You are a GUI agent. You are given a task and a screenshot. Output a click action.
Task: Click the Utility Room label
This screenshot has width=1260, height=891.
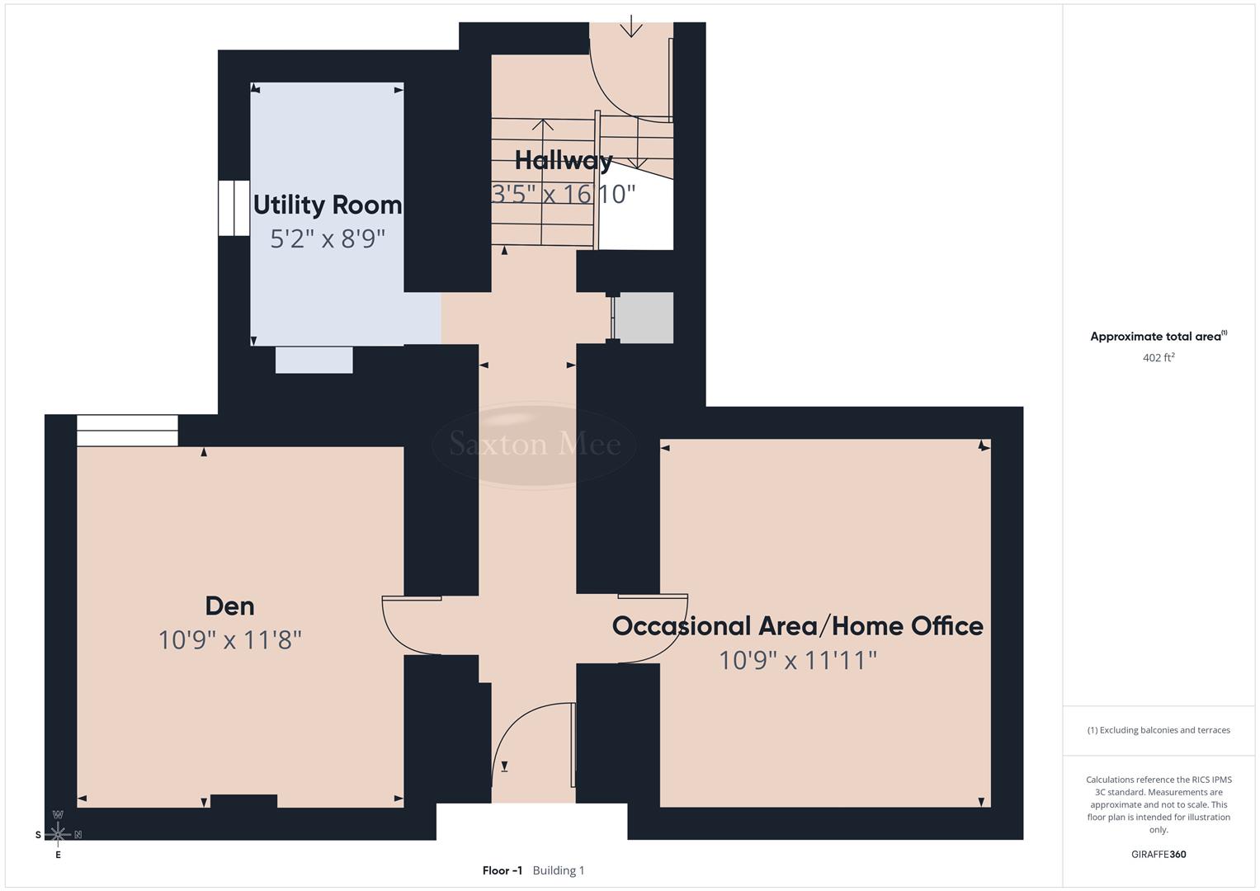coord(328,205)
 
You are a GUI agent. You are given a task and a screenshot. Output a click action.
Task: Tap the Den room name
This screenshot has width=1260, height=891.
coord(229,606)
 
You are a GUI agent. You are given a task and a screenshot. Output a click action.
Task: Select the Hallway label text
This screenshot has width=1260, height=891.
coord(564,160)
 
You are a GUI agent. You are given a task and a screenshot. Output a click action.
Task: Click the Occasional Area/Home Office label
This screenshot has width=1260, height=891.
coord(797,626)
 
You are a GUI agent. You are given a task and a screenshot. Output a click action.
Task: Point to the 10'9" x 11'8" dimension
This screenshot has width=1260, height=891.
coord(229,640)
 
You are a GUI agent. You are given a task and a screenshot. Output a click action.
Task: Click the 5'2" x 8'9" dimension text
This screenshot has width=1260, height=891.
coord(328,239)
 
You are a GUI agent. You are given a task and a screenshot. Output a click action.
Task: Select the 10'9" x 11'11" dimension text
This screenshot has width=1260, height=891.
coord(797,661)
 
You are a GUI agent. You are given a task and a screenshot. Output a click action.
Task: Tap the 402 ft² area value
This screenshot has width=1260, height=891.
coord(1158,358)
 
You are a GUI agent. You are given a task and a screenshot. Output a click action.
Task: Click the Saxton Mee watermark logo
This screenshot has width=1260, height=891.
coord(534,445)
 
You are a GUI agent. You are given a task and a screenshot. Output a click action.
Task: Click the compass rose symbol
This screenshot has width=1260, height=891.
coord(58,834)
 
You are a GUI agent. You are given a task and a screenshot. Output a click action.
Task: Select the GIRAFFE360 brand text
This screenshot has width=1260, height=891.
coord(1158,855)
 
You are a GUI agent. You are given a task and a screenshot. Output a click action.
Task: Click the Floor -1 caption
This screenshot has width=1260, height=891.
coord(502,870)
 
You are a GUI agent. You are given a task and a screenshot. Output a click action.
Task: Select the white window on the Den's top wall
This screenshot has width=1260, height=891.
coord(127,431)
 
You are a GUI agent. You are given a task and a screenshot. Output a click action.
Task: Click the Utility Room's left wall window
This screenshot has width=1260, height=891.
coord(234,208)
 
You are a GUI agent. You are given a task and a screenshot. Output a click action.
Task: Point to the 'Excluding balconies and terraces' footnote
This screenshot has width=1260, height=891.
coord(1158,730)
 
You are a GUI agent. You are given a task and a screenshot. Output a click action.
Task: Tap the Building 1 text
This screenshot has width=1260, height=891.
coord(559,870)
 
